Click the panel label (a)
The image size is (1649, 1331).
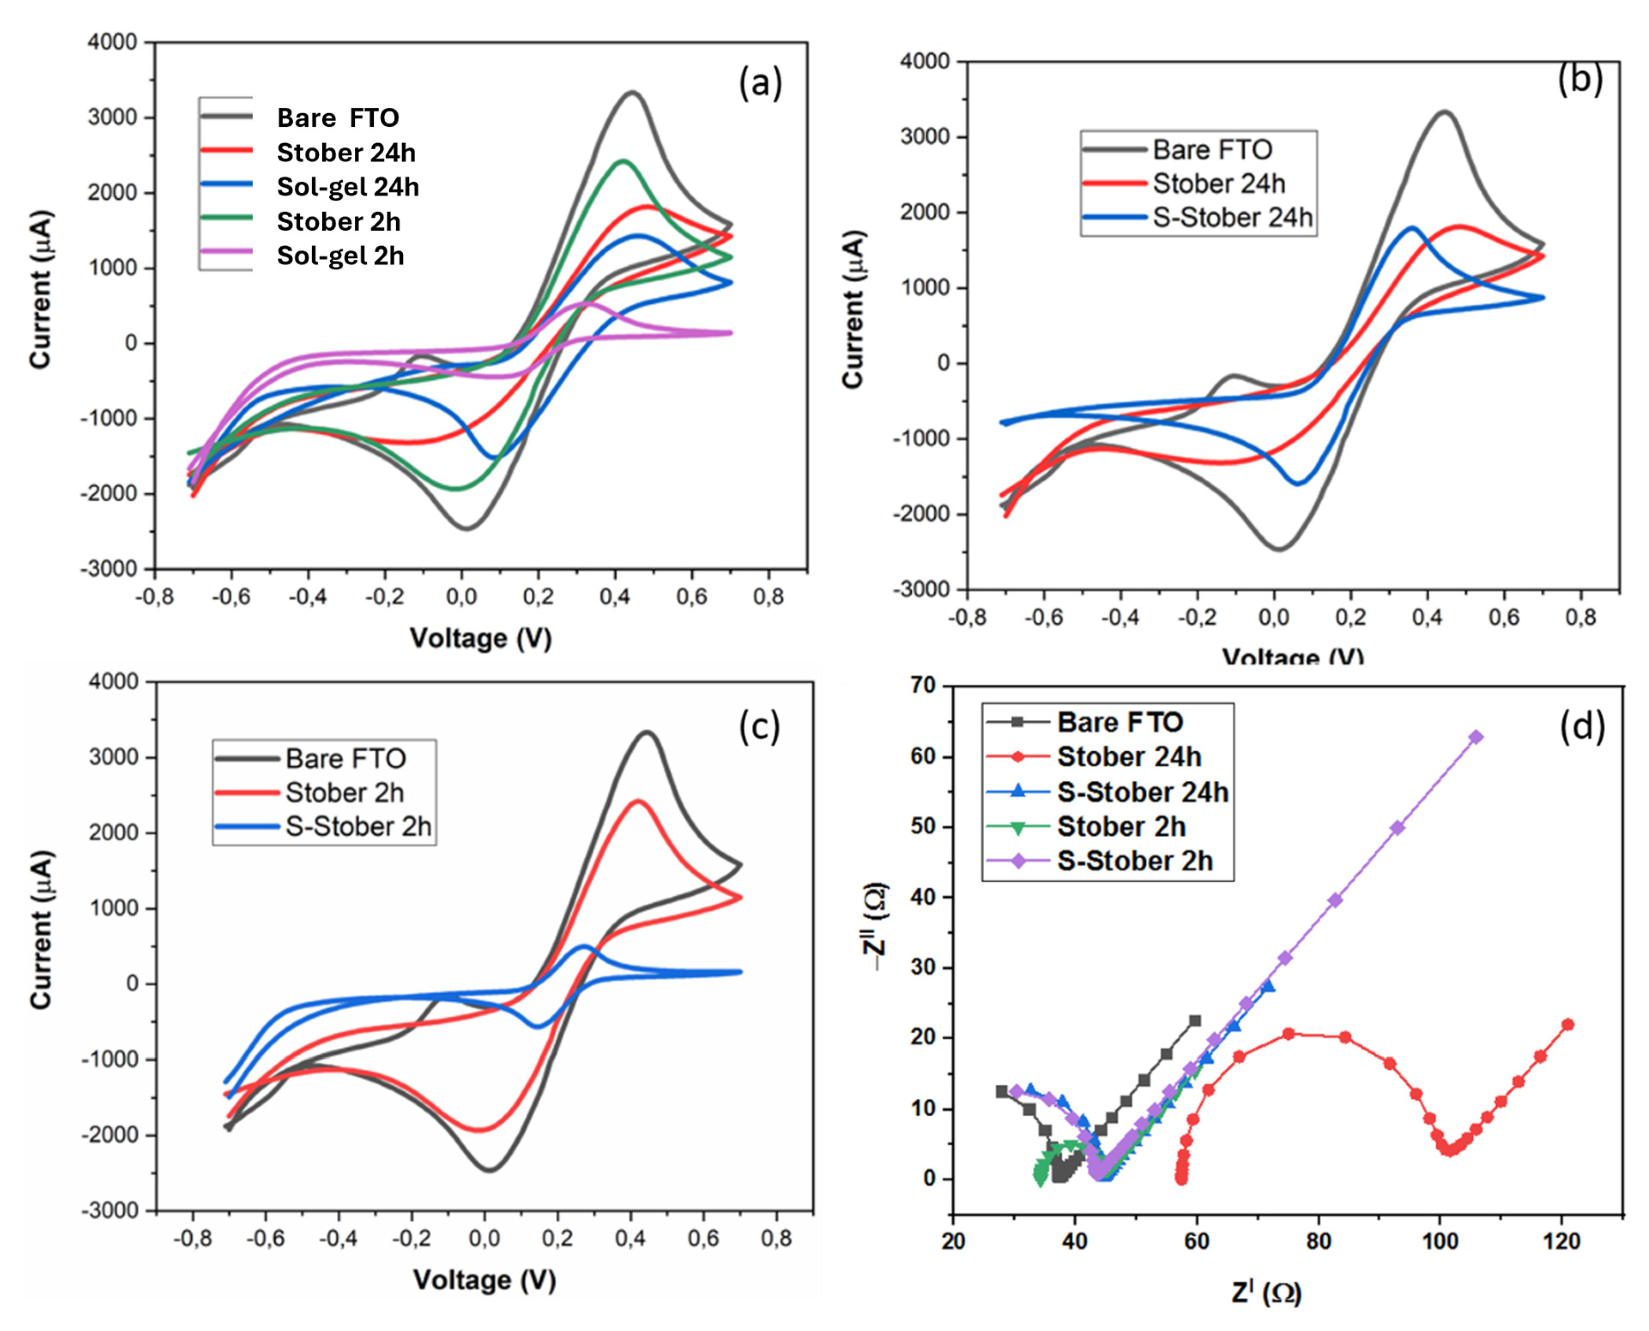coord(760,83)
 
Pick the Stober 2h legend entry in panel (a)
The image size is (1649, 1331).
coord(338,222)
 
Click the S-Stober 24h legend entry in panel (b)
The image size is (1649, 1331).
coord(1232,218)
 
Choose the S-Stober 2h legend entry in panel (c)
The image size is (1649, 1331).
coord(358,827)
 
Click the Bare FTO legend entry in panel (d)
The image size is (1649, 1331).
coord(1119,722)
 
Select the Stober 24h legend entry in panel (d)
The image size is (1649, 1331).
coord(1128,757)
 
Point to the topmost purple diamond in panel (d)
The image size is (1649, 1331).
coord(1475,738)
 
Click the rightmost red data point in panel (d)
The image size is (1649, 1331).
coord(1568,1024)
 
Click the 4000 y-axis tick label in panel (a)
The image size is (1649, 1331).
coord(112,42)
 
